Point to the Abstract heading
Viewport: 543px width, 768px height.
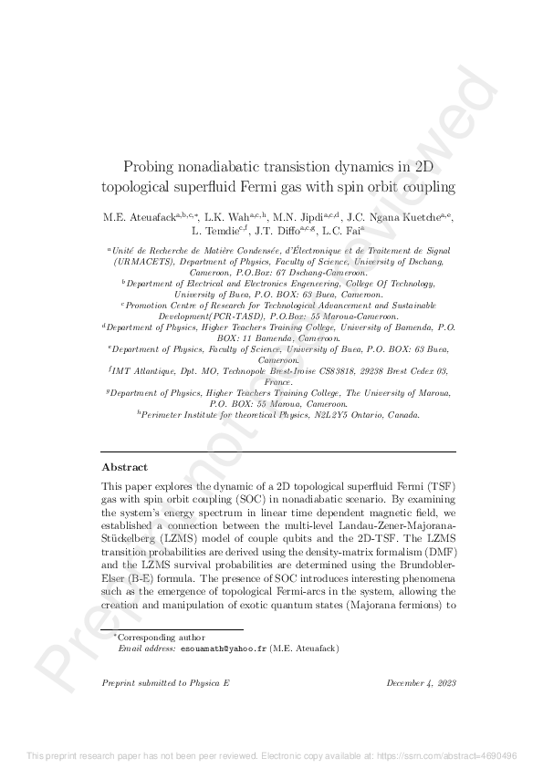click(124, 467)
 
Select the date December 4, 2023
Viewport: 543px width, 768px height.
click(421, 683)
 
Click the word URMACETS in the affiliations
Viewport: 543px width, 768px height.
click(140, 261)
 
